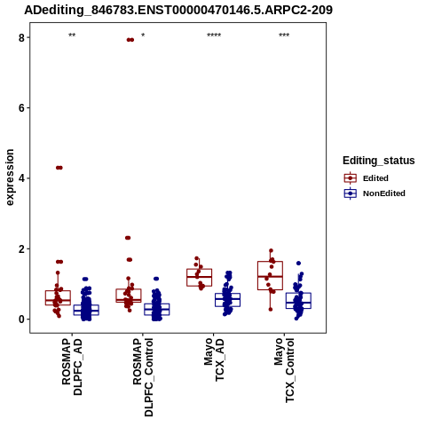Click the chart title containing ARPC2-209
[x=178, y=10]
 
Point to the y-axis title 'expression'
[x=10, y=177]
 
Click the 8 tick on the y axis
[x=21, y=37]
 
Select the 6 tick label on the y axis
[x=21, y=108]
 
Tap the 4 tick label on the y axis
[x=21, y=178]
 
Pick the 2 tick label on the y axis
[x=21, y=248]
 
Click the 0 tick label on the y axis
[x=21, y=319]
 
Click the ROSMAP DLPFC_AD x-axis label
[x=72, y=367]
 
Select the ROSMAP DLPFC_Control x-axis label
[x=143, y=377]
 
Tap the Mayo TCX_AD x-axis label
[x=214, y=359]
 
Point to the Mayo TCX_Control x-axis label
[x=284, y=370]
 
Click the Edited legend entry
[x=367, y=178]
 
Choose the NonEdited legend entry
[x=375, y=193]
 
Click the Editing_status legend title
[x=379, y=161]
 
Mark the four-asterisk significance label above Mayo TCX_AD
[x=214, y=35]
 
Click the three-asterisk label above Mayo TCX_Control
[x=284, y=35]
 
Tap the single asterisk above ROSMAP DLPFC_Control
[x=143, y=35]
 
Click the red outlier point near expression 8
[x=130, y=40]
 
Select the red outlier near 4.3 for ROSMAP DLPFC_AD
[x=59, y=168]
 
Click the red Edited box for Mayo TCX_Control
[x=270, y=275]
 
